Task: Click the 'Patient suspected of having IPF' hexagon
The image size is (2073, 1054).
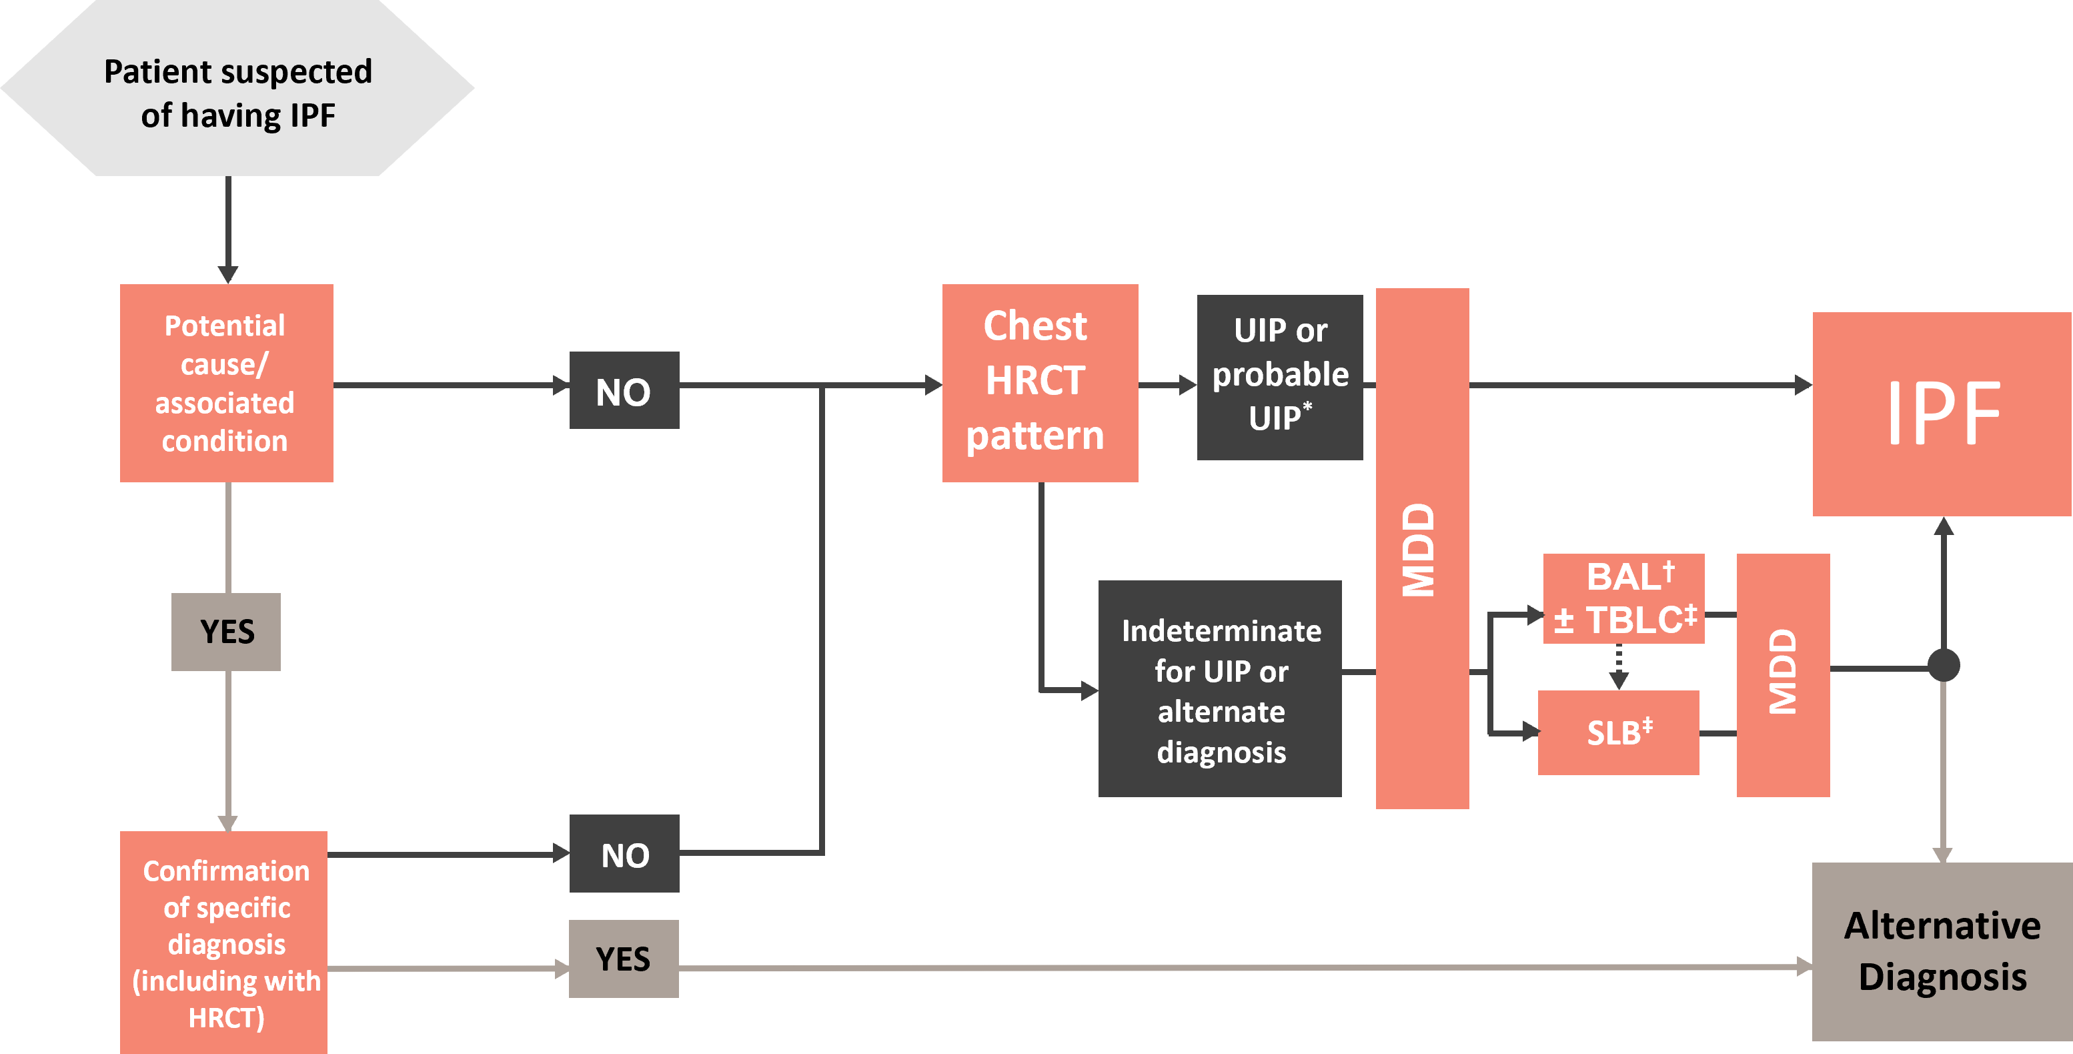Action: pyautogui.click(x=237, y=89)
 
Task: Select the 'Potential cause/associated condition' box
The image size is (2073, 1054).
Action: pyautogui.click(x=226, y=383)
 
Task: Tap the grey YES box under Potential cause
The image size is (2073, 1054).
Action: pyautogui.click(x=226, y=632)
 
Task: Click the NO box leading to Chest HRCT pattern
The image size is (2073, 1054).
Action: pyautogui.click(x=624, y=390)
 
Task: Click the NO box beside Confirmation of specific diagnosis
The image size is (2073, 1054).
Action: pyautogui.click(x=624, y=854)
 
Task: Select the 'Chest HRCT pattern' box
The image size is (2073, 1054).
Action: pyautogui.click(x=1040, y=383)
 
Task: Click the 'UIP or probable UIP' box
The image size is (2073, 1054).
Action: pyautogui.click(x=1279, y=376)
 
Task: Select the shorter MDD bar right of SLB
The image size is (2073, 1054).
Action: pyautogui.click(x=1782, y=674)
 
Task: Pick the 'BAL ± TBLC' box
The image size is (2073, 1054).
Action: pyautogui.click(x=1623, y=598)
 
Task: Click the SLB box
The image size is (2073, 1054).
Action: pyautogui.click(x=1618, y=732)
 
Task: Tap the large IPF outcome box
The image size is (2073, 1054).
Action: pyautogui.click(x=1942, y=414)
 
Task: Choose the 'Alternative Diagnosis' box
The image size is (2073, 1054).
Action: pyautogui.click(x=1942, y=951)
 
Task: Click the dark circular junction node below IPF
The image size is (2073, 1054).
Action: pyautogui.click(x=1944, y=665)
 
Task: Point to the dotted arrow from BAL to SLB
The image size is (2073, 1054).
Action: pyautogui.click(x=1619, y=666)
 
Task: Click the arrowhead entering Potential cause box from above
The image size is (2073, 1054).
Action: pyautogui.click(x=229, y=274)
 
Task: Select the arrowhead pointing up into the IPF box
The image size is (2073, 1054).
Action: pyautogui.click(x=1944, y=527)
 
